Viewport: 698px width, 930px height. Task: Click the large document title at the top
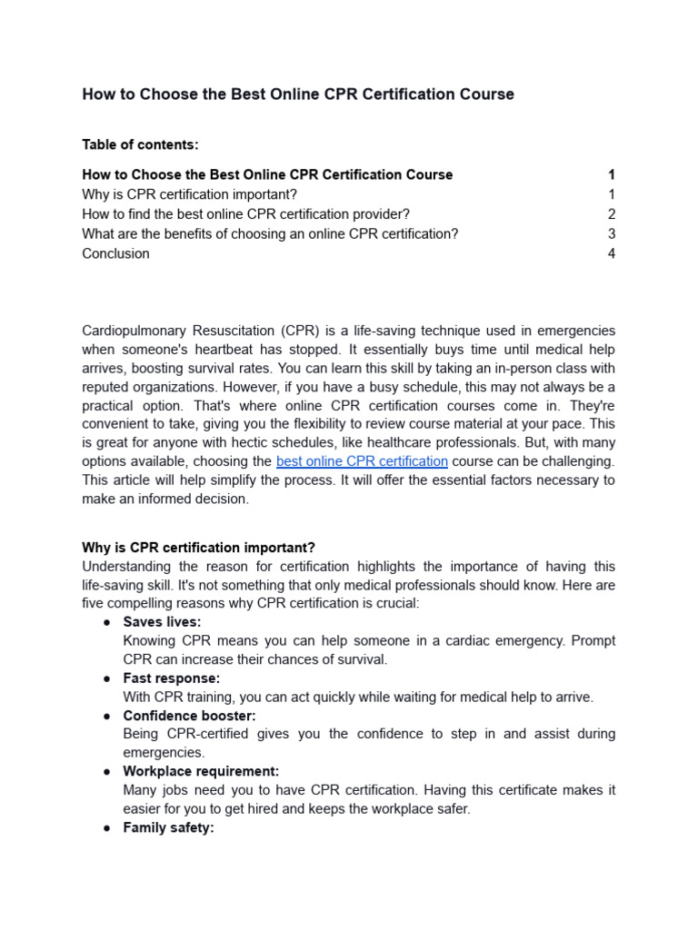click(298, 94)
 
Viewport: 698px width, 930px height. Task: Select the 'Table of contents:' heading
click(140, 144)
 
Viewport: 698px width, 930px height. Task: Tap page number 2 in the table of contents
click(612, 214)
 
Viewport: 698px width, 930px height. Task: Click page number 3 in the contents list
click(612, 234)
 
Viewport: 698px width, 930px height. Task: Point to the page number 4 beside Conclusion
click(612, 254)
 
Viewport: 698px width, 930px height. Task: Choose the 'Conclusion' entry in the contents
click(115, 254)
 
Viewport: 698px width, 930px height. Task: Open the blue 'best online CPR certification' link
click(362, 461)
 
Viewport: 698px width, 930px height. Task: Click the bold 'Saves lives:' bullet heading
click(162, 622)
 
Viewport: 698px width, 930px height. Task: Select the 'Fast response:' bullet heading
click(171, 678)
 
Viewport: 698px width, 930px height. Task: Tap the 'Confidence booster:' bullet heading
click(189, 716)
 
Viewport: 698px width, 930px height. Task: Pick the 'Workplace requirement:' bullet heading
click(201, 771)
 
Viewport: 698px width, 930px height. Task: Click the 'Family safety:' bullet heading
click(168, 827)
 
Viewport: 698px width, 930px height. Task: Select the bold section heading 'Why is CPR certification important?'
click(198, 548)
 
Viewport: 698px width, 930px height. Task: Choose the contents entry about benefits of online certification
click(270, 234)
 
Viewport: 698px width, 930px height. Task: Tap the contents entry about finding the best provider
click(245, 214)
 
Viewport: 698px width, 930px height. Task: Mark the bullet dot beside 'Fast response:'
click(106, 678)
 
